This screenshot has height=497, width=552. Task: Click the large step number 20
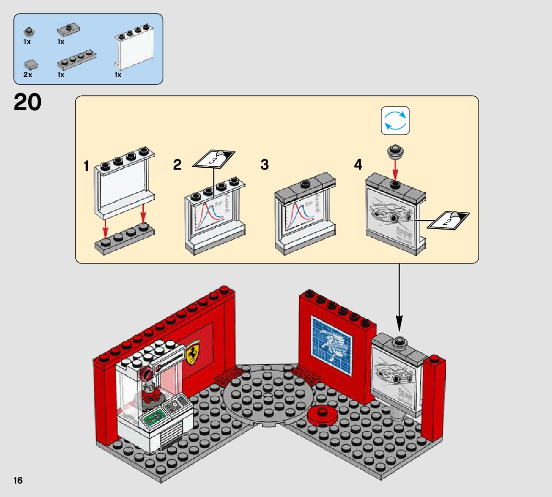(x=27, y=102)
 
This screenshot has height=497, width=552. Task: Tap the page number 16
(x=18, y=481)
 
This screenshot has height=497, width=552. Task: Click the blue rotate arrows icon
(x=395, y=120)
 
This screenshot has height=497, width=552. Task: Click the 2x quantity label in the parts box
(x=27, y=75)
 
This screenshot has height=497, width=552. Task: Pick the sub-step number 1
(x=86, y=166)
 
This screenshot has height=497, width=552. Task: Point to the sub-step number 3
(x=264, y=165)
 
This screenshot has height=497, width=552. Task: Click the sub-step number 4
(x=358, y=165)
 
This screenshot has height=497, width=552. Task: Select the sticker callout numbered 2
(x=448, y=220)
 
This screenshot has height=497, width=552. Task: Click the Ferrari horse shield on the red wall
(x=195, y=355)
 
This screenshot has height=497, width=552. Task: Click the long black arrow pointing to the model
(x=399, y=297)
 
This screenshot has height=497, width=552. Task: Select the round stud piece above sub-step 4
(x=395, y=152)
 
